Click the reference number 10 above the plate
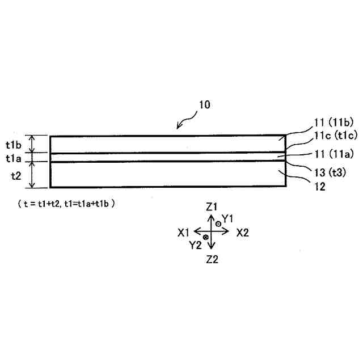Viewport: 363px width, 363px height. coord(205,105)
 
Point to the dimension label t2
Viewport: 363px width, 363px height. coord(17,175)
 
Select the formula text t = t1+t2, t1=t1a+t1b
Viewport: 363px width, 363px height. coord(67,202)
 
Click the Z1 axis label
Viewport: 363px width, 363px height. coord(212,208)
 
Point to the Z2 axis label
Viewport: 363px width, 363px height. coord(212,259)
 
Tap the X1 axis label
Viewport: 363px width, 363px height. coord(183,233)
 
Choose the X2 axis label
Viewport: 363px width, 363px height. coord(243,233)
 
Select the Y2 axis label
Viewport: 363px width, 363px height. coord(196,245)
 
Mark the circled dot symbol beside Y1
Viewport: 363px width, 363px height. coord(218,224)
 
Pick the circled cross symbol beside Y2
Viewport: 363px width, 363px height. coord(206,237)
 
